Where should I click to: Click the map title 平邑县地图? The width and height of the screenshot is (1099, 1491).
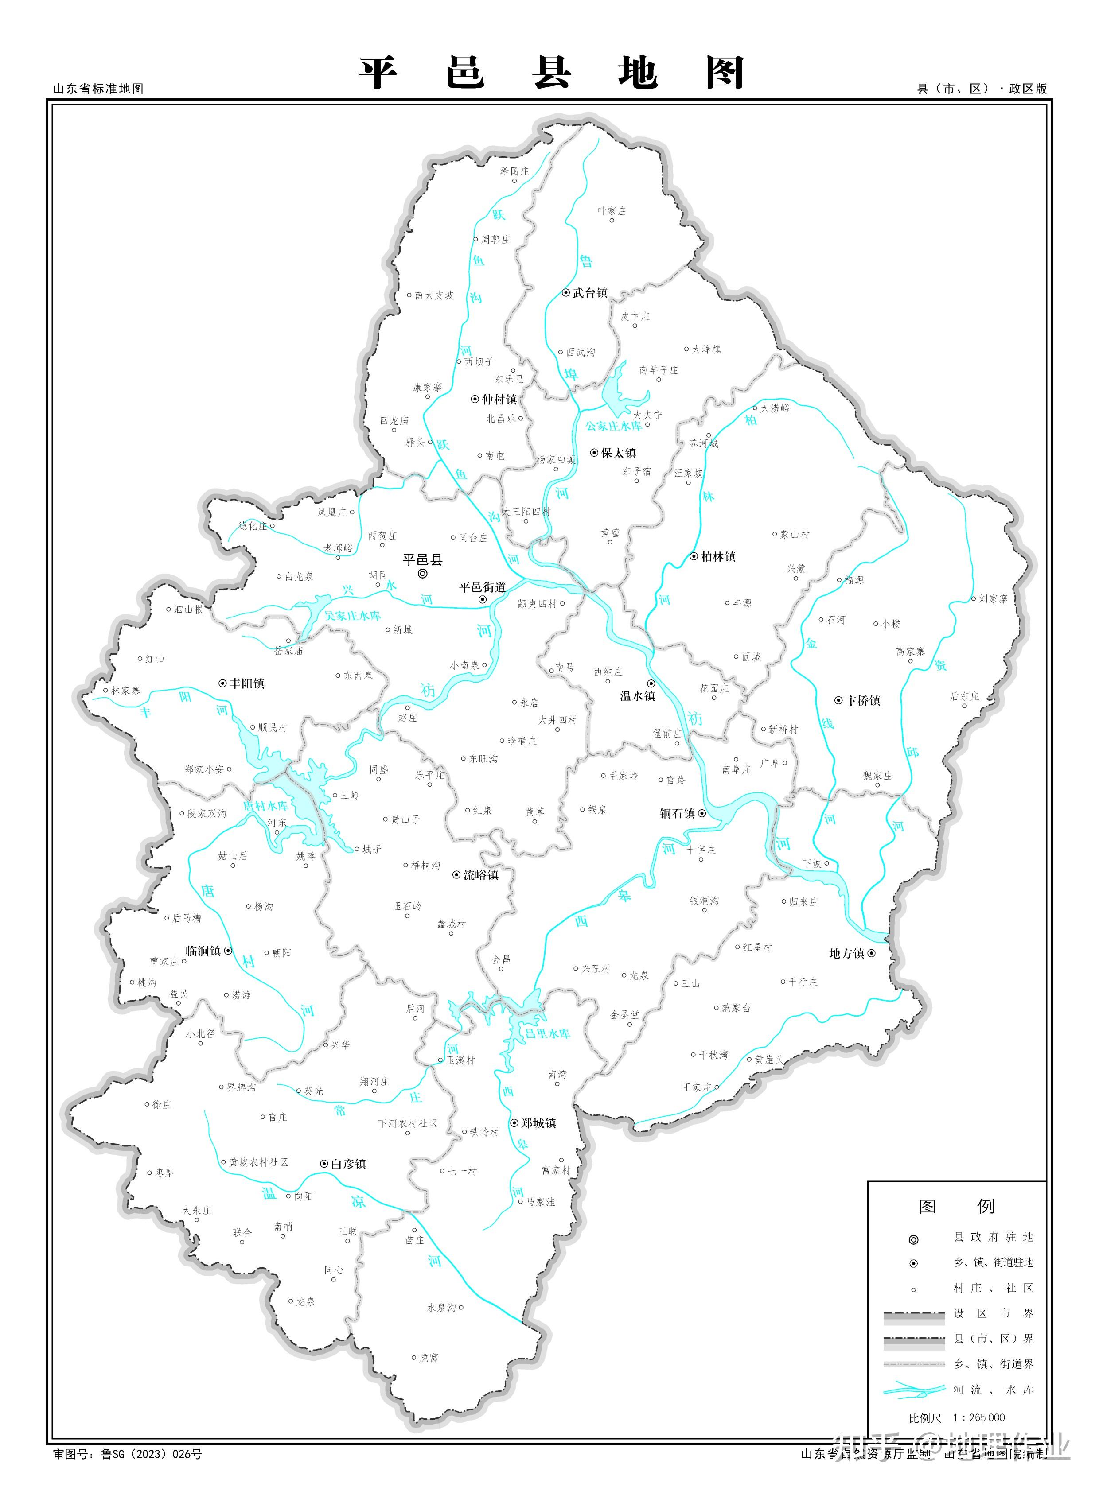[551, 73]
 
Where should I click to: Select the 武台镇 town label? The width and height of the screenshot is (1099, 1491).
[590, 293]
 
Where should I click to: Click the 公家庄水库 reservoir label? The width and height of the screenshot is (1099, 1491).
[613, 426]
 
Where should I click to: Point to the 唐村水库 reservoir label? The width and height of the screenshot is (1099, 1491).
[265, 805]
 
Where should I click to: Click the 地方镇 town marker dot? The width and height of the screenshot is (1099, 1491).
[871, 953]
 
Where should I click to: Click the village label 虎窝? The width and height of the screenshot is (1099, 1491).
[429, 1358]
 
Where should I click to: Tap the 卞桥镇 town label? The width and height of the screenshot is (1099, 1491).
[863, 700]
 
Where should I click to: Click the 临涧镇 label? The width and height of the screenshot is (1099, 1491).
[203, 951]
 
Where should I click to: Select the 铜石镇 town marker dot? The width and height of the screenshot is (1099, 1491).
[701, 813]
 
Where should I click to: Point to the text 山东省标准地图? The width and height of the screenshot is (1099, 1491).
[98, 89]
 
